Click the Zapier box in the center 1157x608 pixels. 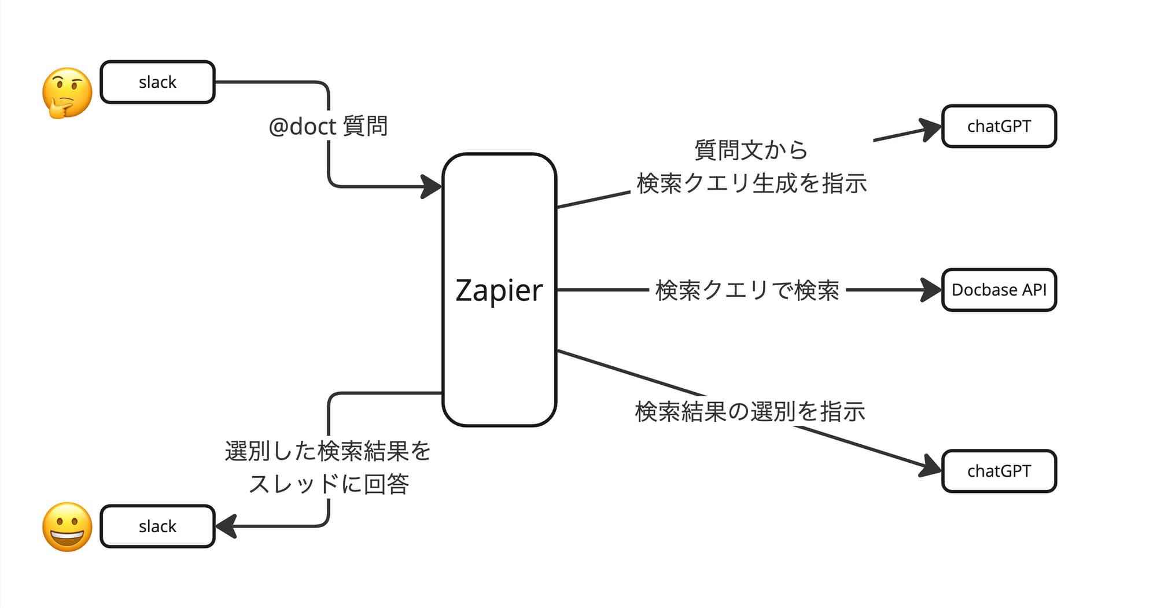click(x=499, y=289)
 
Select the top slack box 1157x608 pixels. click(x=157, y=82)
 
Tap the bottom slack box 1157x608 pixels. click(x=157, y=526)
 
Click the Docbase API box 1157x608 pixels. click(x=998, y=290)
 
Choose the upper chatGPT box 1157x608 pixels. click(x=998, y=126)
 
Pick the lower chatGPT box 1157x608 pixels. click(x=998, y=471)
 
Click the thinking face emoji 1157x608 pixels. click(x=67, y=93)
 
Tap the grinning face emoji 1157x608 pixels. click(x=67, y=526)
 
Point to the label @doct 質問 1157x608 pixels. click(x=328, y=126)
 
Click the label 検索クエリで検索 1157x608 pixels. click(x=747, y=290)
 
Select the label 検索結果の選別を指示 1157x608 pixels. click(x=750, y=411)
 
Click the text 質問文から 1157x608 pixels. click(x=750, y=150)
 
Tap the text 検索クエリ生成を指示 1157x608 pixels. click(x=751, y=183)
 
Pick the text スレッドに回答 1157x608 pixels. click(x=329, y=484)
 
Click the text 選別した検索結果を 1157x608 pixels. click(x=327, y=451)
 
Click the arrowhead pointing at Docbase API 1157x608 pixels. click(x=930, y=290)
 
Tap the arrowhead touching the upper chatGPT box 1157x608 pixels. click(x=930, y=129)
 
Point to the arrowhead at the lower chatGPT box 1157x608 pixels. click(x=930, y=466)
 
